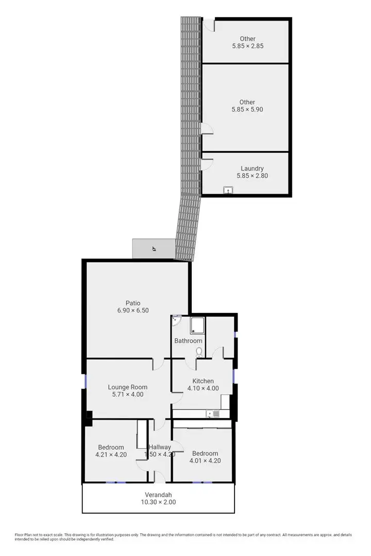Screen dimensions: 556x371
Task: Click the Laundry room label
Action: [252, 168]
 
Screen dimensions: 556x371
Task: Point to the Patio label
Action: [132, 303]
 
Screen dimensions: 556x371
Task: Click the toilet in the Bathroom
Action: [199, 352]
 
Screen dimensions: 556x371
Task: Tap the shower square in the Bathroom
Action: [197, 325]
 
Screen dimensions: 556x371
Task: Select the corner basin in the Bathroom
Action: [175, 319]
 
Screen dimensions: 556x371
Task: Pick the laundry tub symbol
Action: [228, 190]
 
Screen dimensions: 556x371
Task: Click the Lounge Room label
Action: [127, 387]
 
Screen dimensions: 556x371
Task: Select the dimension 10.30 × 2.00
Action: [160, 502]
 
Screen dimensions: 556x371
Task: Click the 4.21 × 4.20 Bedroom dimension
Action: [111, 455]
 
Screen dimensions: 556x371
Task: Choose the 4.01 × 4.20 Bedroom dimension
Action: [205, 461]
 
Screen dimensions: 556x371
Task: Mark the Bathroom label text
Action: [188, 341]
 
